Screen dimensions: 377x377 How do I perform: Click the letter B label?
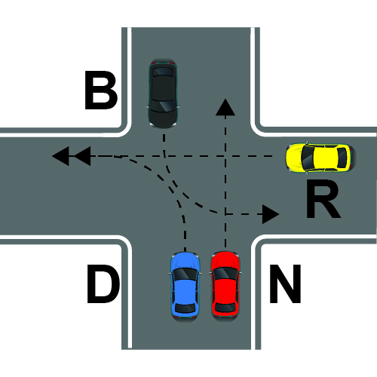coord(101,90)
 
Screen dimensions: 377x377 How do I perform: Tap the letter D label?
coord(103,284)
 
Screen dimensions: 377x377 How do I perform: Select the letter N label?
coord(285,284)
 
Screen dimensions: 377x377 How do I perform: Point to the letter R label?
coord(323,198)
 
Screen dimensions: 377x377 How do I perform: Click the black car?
coord(163,93)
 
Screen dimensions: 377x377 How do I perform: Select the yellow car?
coord(321,158)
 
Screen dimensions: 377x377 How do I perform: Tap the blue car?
coord(185,287)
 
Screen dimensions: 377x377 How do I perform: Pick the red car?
coord(225,287)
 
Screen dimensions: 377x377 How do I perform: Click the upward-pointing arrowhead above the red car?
coord(225,107)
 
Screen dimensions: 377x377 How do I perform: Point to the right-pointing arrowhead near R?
coord(271,214)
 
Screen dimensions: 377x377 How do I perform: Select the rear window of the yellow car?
coord(342,158)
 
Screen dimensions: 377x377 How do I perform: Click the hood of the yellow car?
coord(295,158)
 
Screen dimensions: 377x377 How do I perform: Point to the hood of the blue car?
coord(185,261)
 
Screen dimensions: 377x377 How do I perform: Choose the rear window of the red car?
coord(225,308)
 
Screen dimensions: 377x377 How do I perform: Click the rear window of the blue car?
coord(185,308)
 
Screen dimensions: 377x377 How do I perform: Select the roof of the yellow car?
coord(326,158)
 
